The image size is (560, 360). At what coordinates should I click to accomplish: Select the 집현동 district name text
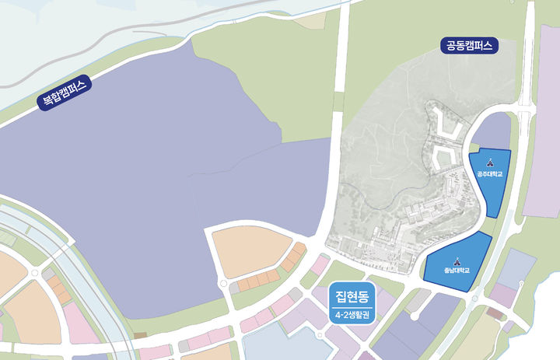coord(352,296)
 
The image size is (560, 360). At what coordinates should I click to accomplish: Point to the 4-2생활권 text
coord(352,315)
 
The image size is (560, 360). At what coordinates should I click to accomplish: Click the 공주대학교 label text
coord(490,174)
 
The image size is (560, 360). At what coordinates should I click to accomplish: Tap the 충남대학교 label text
coord(457,271)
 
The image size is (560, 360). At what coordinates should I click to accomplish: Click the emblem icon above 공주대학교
coord(490,163)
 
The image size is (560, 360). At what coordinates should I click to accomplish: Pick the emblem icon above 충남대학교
coord(457,261)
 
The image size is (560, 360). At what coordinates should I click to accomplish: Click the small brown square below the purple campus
coord(140,335)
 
